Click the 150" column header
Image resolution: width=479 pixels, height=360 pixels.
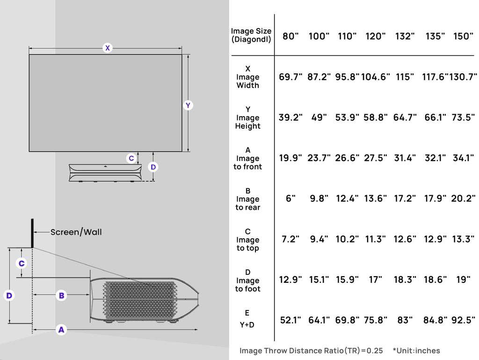pos(463,37)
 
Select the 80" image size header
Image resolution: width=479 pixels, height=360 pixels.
pos(290,37)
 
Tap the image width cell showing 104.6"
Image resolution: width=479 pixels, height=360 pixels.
pos(375,77)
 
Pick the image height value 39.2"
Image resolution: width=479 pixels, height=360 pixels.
pos(290,118)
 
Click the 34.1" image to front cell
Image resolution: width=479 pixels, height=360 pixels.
pos(463,158)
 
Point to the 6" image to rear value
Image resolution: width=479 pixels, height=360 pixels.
pos(290,199)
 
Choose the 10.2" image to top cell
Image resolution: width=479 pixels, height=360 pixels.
pos(347,240)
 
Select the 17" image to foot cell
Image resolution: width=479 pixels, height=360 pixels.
pos(375,280)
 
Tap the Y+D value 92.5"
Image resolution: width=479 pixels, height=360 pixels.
pos(463,321)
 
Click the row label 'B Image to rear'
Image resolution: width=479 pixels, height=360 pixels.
pos(248,199)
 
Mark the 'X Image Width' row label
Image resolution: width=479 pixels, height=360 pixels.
pos(248,77)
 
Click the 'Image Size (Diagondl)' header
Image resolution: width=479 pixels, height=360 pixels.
pos(251,36)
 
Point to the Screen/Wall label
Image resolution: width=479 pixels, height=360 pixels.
pos(76,232)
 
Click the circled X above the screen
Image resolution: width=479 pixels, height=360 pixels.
pos(108,48)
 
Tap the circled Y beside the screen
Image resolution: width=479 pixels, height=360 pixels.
pos(188,105)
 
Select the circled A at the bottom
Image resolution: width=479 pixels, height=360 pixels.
pos(61,330)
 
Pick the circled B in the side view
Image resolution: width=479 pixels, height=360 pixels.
pos(61,295)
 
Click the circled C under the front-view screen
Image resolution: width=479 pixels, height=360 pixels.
pos(131,158)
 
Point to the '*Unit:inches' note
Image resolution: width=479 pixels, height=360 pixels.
pos(416,351)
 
